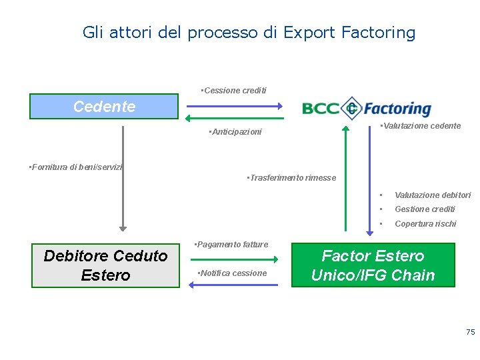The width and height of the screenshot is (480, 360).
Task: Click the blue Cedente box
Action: point(104,106)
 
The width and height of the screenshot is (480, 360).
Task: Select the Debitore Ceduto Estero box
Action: point(105,265)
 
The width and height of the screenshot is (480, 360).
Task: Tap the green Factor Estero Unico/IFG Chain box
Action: point(373,265)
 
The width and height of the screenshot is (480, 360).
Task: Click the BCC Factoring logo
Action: point(366,108)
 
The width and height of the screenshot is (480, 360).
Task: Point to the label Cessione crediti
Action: point(234,90)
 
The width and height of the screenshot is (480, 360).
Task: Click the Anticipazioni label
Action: point(235,132)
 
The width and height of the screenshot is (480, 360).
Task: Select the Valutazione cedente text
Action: point(421,126)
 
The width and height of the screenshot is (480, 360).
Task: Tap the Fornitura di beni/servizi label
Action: point(76,167)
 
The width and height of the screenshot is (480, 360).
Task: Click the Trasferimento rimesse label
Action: point(291,178)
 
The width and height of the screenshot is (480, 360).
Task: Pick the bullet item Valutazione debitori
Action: point(432,195)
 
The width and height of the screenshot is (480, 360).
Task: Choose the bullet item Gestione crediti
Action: point(425,209)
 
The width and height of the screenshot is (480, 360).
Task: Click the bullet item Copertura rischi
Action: point(425,224)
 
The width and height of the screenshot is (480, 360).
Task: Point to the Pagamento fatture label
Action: point(231,245)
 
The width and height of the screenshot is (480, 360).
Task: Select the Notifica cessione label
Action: point(232,273)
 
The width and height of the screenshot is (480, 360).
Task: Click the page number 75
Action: point(470,331)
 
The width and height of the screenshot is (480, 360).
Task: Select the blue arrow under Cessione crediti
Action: point(233,105)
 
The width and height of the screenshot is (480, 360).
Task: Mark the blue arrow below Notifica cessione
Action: point(233,285)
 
